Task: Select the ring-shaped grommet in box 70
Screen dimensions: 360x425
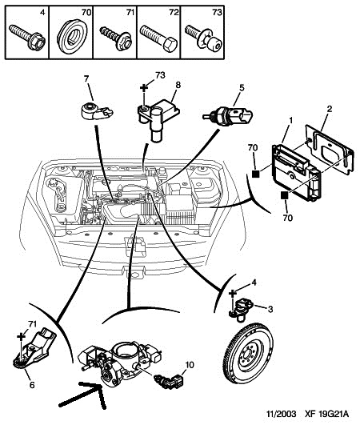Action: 72,37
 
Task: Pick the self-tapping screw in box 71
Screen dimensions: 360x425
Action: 116,38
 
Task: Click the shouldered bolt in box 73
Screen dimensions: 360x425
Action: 203,38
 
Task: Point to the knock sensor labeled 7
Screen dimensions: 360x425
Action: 97,112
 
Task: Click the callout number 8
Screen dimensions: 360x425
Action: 178,85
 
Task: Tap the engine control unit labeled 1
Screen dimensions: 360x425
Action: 296,173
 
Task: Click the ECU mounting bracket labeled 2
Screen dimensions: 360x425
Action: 330,148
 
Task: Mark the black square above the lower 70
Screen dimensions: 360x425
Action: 285,194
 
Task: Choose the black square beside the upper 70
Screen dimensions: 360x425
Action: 256,174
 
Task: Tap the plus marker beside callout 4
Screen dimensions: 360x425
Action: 233,293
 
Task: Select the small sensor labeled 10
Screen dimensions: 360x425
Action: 169,381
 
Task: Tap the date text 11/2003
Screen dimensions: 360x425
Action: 281,414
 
